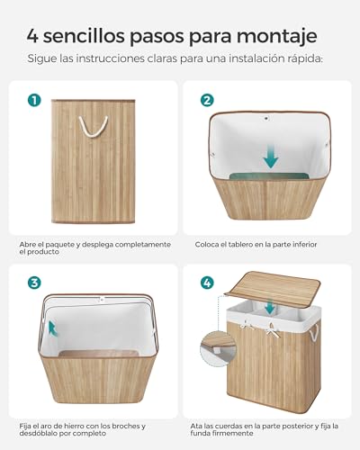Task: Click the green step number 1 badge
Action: pyautogui.click(x=33, y=100)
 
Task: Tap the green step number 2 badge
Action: pyautogui.click(x=206, y=100)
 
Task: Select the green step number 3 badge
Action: pyautogui.click(x=33, y=282)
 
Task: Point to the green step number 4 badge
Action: pyautogui.click(x=206, y=282)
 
